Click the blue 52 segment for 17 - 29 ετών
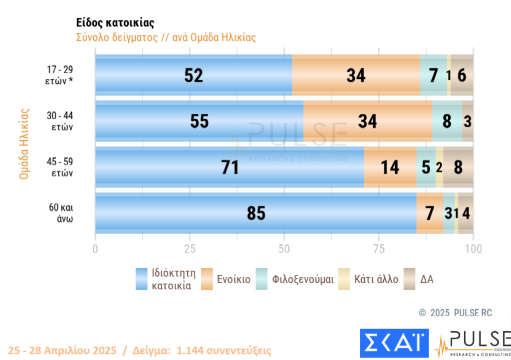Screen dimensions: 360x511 (194, 75)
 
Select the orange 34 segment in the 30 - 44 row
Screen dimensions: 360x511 (367, 121)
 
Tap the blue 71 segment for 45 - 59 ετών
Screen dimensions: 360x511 (230, 168)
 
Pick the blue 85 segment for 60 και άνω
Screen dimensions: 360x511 (256, 213)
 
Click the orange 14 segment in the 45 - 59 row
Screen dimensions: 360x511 (390, 168)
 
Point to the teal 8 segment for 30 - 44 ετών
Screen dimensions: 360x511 (447, 121)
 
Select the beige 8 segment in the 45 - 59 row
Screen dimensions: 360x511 (458, 168)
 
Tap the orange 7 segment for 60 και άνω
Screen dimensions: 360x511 (430, 213)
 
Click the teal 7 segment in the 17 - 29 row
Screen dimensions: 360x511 (433, 75)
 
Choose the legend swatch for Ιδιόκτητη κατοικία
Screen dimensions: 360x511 (142, 279)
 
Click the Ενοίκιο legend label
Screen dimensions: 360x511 (234, 279)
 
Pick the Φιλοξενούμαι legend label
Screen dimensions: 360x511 (303, 279)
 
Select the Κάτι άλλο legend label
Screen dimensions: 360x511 (376, 279)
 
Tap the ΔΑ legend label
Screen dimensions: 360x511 (427, 279)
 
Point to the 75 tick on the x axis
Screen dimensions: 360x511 (379, 249)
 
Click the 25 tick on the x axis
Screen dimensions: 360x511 (190, 249)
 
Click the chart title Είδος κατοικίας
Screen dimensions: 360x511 (115, 23)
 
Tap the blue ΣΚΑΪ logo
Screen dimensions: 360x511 (394, 343)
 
